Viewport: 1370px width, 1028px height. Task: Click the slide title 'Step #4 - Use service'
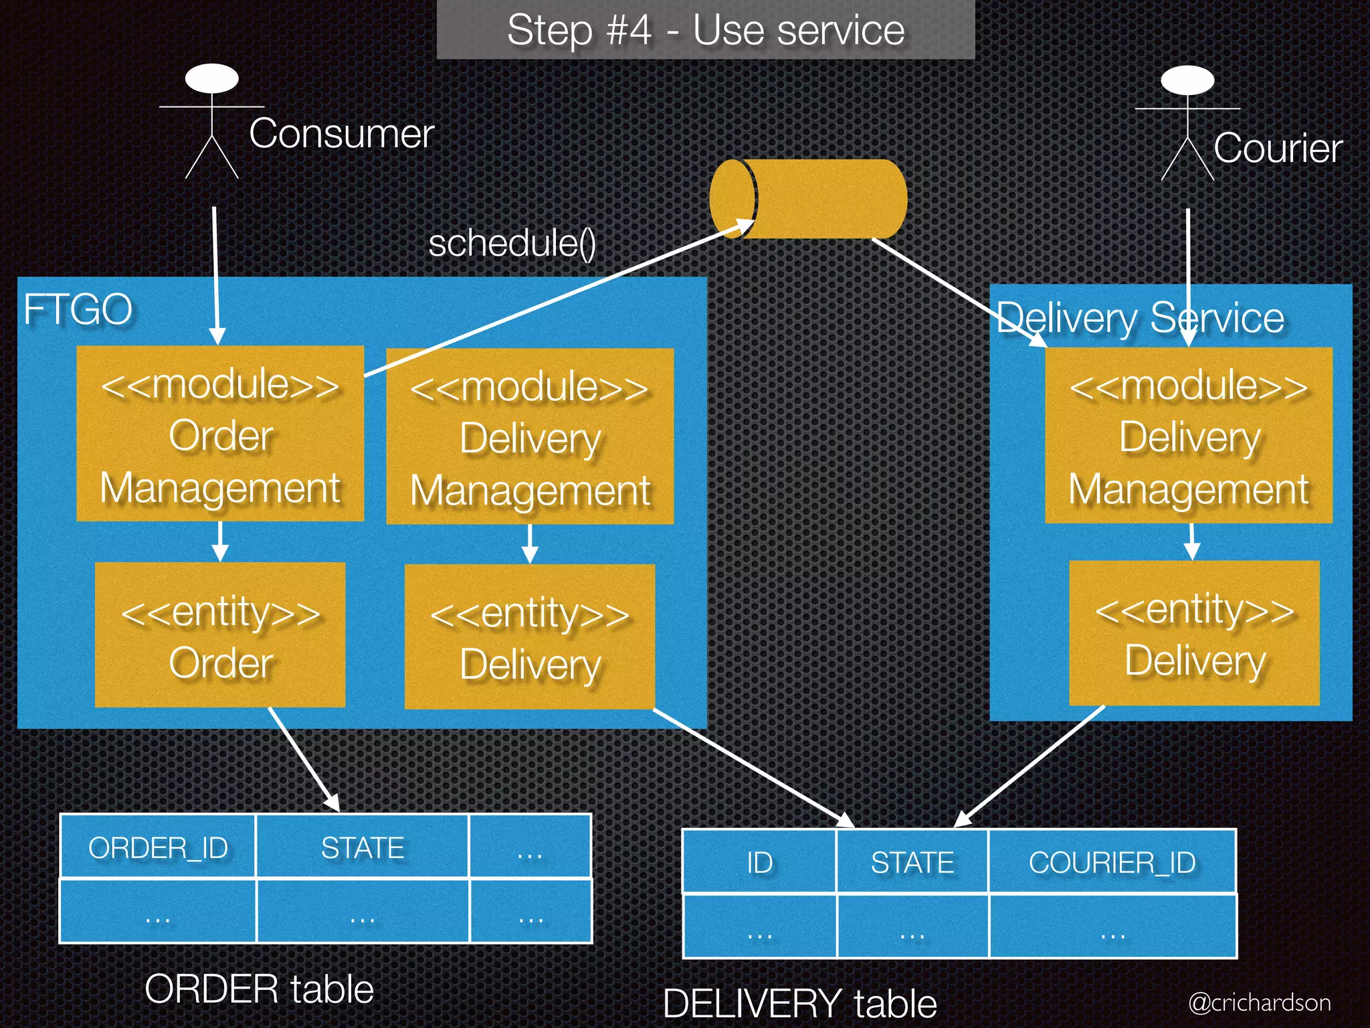click(x=705, y=30)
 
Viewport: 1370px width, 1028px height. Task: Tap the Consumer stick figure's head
click(x=212, y=78)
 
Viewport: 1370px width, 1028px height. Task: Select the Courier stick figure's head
click(x=1187, y=80)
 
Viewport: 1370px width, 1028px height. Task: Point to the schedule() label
click(x=512, y=243)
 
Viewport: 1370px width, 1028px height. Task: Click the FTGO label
click(x=78, y=310)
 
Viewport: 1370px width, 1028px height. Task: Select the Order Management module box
click(x=220, y=434)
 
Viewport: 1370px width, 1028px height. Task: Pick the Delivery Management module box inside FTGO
click(x=530, y=436)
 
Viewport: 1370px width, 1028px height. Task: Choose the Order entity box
click(x=220, y=634)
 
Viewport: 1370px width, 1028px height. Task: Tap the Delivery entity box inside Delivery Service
click(x=1194, y=633)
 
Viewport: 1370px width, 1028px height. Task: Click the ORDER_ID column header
click(x=158, y=848)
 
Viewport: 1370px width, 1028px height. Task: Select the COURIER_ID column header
click(x=1112, y=863)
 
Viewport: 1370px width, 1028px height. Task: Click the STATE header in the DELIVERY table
click(x=912, y=863)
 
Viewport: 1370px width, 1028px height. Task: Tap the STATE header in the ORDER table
click(x=362, y=848)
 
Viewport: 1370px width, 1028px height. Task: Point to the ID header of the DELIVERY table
click(x=759, y=863)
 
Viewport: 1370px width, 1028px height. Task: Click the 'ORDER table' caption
click(x=259, y=989)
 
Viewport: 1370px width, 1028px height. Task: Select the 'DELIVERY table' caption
click(x=799, y=1003)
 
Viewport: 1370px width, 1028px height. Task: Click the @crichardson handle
click(x=1259, y=1003)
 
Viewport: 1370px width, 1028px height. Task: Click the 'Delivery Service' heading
click(x=1140, y=317)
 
